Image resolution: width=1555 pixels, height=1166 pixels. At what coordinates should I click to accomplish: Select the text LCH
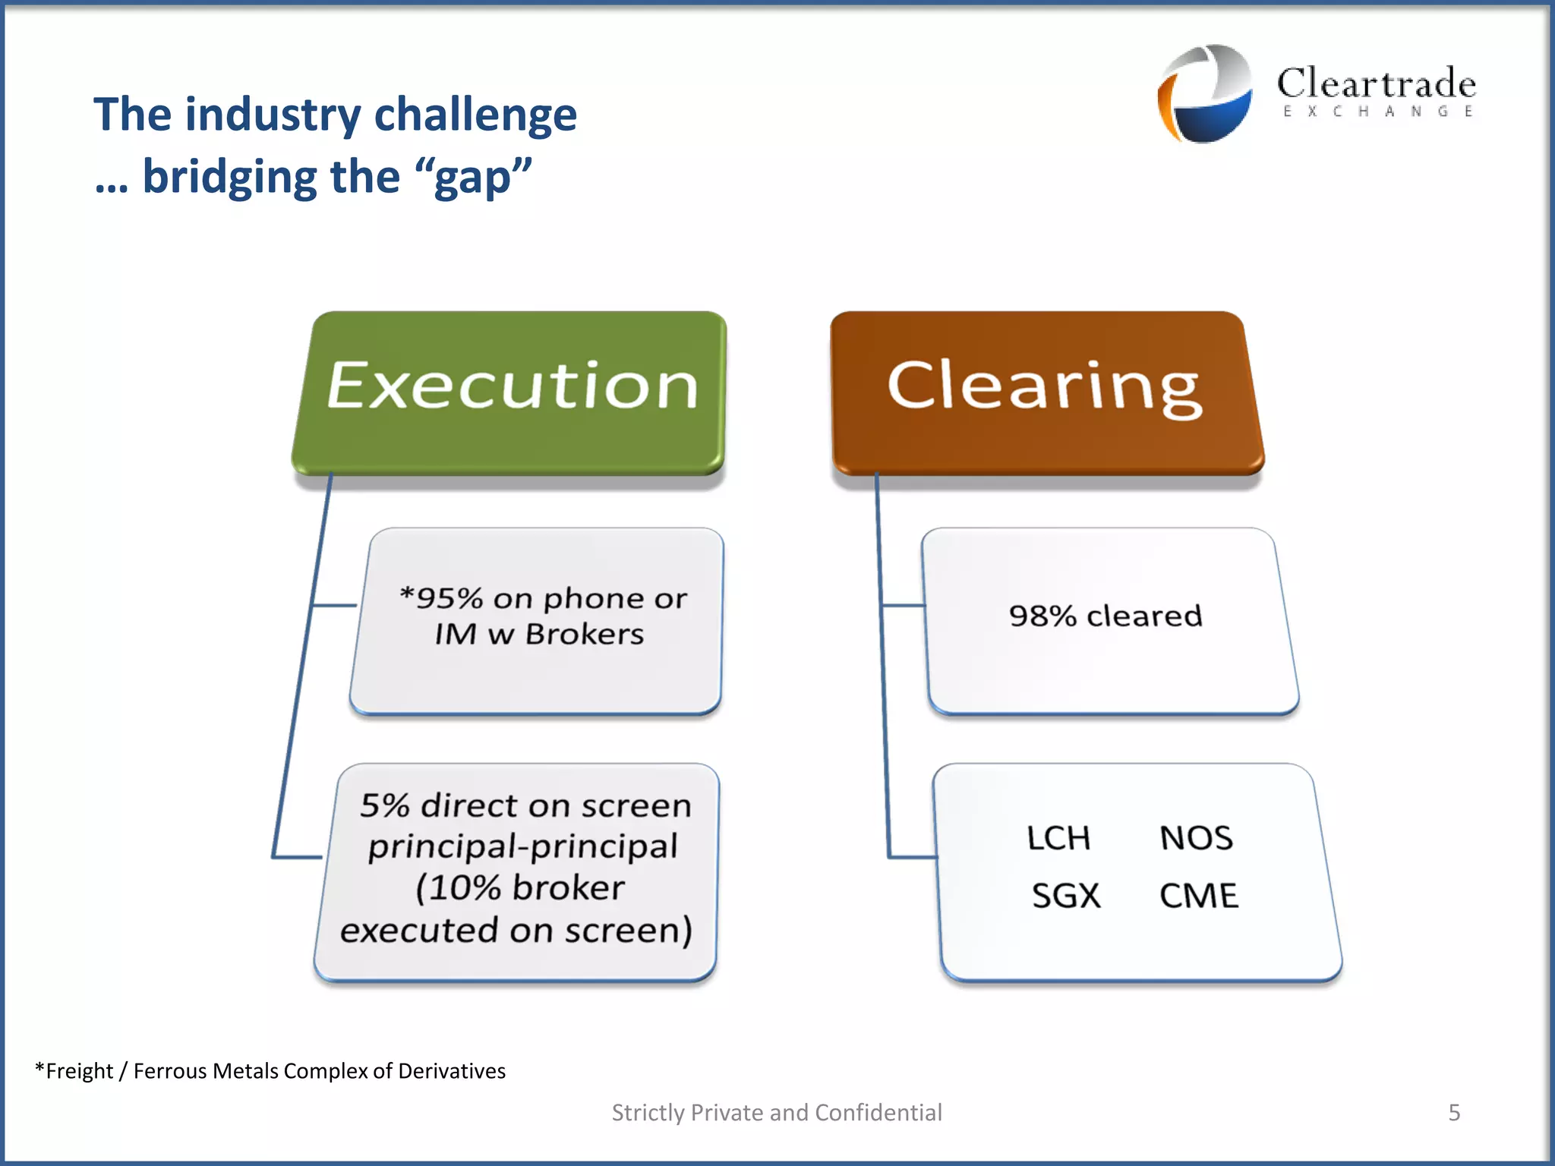[1058, 838]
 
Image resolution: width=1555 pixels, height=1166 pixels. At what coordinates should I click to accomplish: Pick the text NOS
[1196, 838]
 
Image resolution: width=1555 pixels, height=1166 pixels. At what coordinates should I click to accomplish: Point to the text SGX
[1065, 896]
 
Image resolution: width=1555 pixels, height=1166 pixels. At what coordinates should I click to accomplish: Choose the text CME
[1198, 896]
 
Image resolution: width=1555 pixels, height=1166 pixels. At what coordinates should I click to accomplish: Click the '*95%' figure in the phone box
[440, 598]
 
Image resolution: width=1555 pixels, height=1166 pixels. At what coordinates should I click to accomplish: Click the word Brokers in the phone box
[584, 634]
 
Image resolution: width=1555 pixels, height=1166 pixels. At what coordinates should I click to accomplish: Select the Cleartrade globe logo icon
[1205, 93]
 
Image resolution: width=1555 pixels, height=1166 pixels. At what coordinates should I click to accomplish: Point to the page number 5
[1454, 1112]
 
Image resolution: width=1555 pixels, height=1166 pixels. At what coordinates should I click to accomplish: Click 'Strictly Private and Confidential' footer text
[777, 1112]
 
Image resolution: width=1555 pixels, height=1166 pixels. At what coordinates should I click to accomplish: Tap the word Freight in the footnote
[79, 1071]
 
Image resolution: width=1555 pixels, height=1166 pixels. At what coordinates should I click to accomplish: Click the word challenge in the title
[475, 115]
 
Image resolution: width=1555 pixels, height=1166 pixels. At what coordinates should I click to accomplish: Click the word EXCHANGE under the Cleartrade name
[1377, 112]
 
